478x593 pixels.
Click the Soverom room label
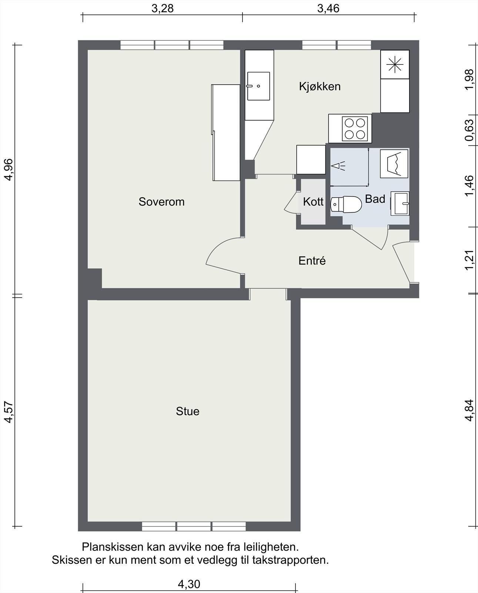pyautogui.click(x=161, y=202)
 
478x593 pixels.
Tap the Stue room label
pyautogui.click(x=187, y=411)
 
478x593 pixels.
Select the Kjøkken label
pyautogui.click(x=320, y=86)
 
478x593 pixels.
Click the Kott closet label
pyautogui.click(x=313, y=202)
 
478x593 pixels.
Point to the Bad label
pyautogui.click(x=375, y=199)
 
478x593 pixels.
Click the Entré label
pyautogui.click(x=312, y=261)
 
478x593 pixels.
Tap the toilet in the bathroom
pyautogui.click(x=346, y=204)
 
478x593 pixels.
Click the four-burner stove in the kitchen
pyautogui.click(x=355, y=129)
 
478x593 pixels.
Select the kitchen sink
pyautogui.click(x=258, y=86)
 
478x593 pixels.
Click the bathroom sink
pyautogui.click(x=400, y=203)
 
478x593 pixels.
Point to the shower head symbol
pyautogui.click(x=338, y=166)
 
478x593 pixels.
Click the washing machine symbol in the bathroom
pyautogui.click(x=394, y=163)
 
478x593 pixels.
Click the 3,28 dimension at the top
pyautogui.click(x=163, y=8)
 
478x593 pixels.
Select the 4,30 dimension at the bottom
pyautogui.click(x=189, y=584)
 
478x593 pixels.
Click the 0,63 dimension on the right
pyautogui.click(x=469, y=130)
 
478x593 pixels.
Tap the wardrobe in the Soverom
pyautogui.click(x=226, y=132)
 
